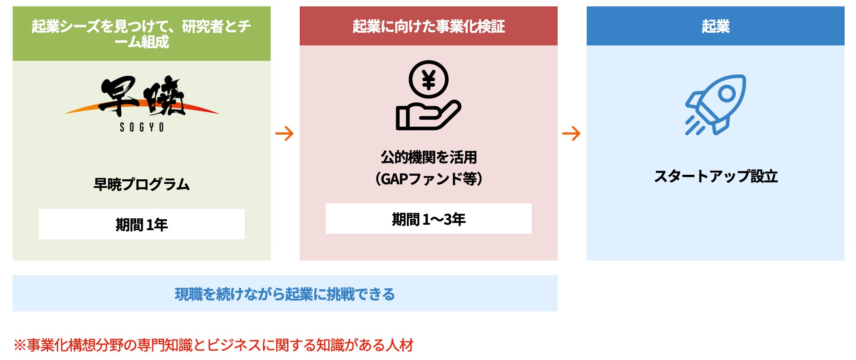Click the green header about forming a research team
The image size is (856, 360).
[141, 34]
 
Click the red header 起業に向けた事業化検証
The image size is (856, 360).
[428, 26]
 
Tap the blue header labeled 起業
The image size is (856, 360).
[715, 26]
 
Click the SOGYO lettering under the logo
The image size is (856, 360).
[142, 128]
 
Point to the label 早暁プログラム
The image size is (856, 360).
[142, 184]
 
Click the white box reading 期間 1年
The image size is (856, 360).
[142, 224]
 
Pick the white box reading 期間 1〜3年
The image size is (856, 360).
[428, 219]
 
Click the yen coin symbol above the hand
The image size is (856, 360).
[428, 80]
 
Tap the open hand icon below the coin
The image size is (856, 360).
[427, 116]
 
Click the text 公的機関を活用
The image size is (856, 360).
[428, 158]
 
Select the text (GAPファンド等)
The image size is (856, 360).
[428, 179]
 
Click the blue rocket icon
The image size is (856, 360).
[715, 104]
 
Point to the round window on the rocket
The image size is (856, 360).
[727, 94]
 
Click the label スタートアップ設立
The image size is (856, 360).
[715, 176]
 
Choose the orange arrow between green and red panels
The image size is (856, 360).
[285, 133]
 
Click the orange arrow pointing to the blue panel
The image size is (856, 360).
[571, 133]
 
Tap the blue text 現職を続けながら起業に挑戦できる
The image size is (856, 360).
[285, 294]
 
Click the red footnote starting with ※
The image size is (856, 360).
[213, 345]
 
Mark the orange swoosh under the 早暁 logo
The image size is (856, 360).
[82, 109]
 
